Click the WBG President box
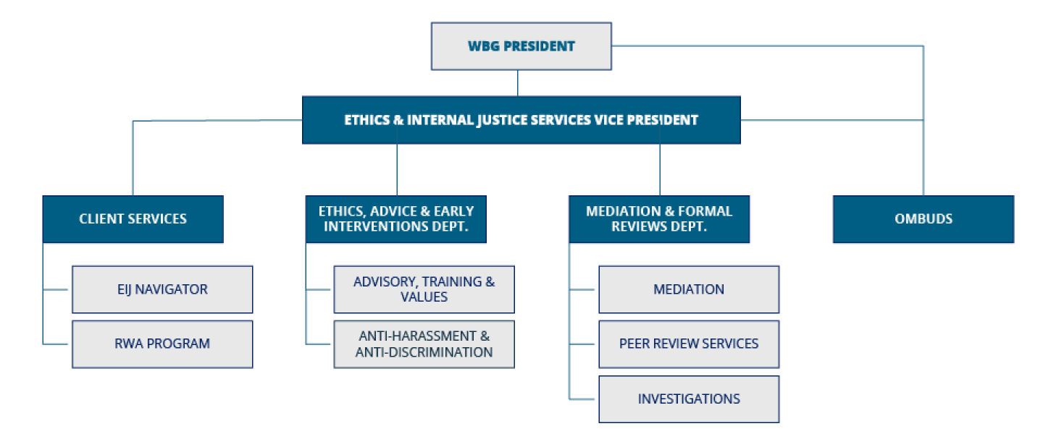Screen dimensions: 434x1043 tap(521, 46)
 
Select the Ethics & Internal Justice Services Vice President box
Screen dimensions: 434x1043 tap(521, 120)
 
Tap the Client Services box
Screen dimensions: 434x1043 tap(133, 218)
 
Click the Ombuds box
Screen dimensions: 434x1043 tap(923, 218)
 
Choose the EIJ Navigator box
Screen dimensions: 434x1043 tap(162, 289)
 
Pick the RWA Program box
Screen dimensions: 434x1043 tap(162, 344)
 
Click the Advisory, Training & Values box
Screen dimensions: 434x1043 tap(424, 289)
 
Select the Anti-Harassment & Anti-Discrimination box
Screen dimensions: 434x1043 tap(424, 344)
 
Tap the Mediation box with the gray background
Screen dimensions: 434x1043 tap(688, 289)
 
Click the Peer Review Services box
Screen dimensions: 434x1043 tap(688, 344)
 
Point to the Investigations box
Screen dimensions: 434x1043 tap(688, 399)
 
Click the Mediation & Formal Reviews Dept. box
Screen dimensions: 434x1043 tap(658, 218)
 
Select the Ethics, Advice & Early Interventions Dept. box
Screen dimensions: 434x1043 tap(396, 218)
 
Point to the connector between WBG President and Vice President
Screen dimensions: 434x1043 tap(517, 83)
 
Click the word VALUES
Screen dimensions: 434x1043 tap(424, 297)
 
